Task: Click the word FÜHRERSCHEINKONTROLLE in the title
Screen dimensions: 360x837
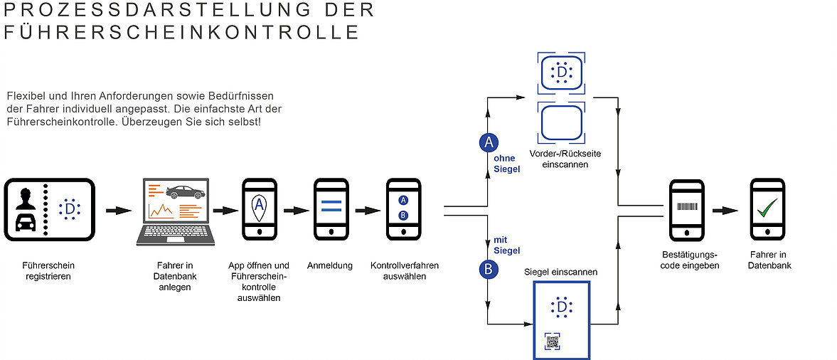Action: point(181,32)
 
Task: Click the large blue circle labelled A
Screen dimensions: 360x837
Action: point(489,142)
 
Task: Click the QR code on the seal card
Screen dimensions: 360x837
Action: point(553,342)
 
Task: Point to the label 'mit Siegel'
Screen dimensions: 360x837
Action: point(506,245)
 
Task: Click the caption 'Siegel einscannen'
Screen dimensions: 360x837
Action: point(560,272)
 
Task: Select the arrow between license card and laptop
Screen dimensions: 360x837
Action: point(118,211)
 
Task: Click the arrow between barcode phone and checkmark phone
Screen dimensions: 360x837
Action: point(725,211)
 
